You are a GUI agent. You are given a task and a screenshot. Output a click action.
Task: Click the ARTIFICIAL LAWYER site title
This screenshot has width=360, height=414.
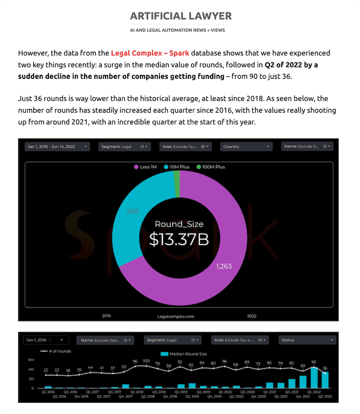(x=180, y=16)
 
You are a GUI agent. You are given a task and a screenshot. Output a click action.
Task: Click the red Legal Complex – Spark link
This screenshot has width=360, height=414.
(x=150, y=53)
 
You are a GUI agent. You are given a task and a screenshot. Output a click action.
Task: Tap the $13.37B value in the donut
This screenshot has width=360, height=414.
(x=179, y=239)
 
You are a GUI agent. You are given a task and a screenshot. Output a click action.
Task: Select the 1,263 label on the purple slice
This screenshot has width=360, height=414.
(x=224, y=266)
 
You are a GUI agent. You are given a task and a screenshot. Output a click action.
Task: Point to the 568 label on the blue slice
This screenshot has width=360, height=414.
(x=133, y=211)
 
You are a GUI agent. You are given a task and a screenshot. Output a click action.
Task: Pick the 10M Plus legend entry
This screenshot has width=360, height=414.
(x=180, y=167)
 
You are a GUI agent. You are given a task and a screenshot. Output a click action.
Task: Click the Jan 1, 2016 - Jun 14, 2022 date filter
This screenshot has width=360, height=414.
(x=57, y=146)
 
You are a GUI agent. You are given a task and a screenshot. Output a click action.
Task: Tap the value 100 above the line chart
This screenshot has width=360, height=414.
(x=146, y=361)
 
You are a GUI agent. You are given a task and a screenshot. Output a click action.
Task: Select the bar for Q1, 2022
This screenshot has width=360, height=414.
(x=315, y=377)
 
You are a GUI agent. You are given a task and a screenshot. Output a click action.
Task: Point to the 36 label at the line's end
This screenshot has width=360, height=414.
(x=325, y=368)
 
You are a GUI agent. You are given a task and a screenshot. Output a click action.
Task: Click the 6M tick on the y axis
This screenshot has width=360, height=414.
(x=30, y=360)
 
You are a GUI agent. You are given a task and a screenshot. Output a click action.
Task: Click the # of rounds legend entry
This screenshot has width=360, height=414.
(x=55, y=351)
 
